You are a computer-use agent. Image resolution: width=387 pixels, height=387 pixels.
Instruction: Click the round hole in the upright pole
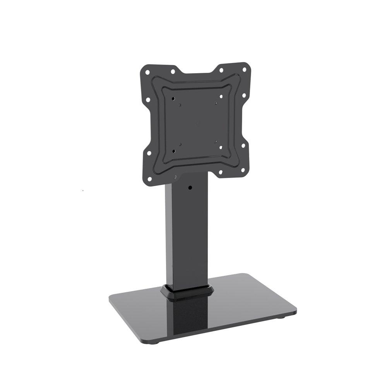click(x=190, y=187)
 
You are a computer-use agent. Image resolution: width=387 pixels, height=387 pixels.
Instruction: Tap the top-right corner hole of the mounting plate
click(x=244, y=69)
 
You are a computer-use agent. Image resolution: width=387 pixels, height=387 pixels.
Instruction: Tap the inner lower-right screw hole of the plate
click(x=221, y=147)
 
